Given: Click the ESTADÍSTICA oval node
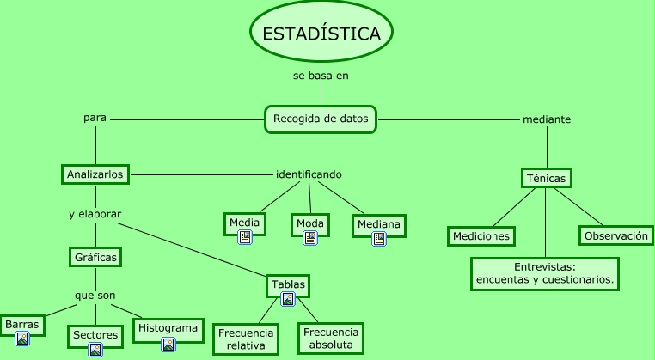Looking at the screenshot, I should (321, 34).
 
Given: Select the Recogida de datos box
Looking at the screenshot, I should (320, 119).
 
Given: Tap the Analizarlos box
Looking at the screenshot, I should (95, 174).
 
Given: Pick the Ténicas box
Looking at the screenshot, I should (546, 178).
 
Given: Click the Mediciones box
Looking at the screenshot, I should (481, 235).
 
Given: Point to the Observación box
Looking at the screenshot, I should (615, 235).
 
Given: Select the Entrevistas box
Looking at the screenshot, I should (544, 273).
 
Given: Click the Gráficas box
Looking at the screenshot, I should (95, 256).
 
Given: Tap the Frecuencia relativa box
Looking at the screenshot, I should (246, 339).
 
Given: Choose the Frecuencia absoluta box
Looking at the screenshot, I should (331, 339).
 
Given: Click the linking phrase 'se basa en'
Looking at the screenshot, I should (321, 75).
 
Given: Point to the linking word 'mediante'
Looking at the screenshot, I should (547, 119).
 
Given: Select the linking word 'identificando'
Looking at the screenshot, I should (309, 174).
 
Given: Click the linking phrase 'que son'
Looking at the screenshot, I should (95, 295).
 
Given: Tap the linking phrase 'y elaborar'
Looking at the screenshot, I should (95, 214).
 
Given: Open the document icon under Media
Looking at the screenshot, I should (245, 237).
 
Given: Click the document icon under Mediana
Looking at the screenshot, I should (378, 239).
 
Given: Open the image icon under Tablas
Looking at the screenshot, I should (288, 299).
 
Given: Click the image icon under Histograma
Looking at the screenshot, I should (168, 344).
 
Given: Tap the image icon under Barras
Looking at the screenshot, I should (22, 339).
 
